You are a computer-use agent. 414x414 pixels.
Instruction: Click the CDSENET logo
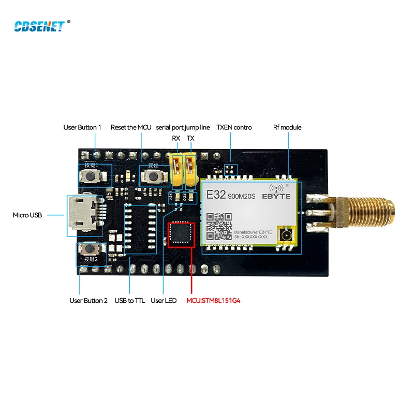pyautogui.click(x=39, y=26)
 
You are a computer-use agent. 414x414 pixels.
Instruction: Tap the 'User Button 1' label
pyautogui.click(x=82, y=127)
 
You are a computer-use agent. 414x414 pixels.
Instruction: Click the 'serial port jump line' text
pyautogui.click(x=183, y=127)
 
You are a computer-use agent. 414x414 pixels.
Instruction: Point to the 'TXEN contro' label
pyautogui.click(x=233, y=127)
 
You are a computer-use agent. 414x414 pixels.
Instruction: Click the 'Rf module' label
pyautogui.click(x=287, y=127)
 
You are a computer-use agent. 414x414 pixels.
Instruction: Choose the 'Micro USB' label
pyautogui.click(x=27, y=215)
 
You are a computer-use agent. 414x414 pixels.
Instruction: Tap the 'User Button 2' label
pyautogui.click(x=88, y=301)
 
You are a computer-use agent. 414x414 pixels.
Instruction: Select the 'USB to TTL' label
pyautogui.click(x=129, y=301)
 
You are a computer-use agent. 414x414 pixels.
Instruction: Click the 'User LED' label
pyautogui.click(x=164, y=301)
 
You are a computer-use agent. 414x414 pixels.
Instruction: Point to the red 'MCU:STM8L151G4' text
pyautogui.click(x=213, y=301)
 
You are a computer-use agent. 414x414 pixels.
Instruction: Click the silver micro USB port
pyautogui.click(x=81, y=214)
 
